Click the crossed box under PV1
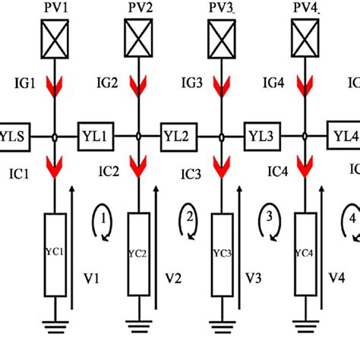[55, 36]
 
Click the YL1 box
[96, 137]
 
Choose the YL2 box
[180, 137]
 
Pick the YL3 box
[264, 137]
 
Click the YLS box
[13, 137]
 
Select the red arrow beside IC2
[139, 163]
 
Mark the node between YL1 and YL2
[139, 137]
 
